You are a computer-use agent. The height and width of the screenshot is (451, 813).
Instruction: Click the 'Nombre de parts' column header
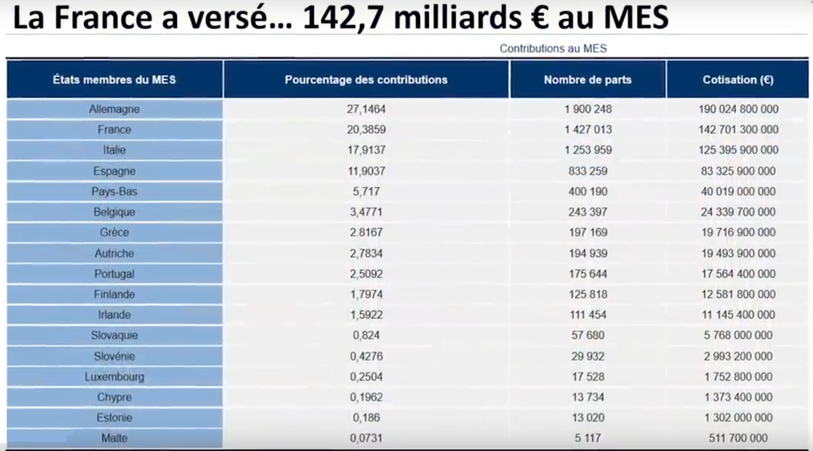pos(587,80)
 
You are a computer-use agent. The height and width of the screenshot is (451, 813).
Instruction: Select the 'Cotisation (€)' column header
pos(738,80)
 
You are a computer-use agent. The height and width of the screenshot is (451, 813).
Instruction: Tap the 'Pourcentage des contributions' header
pos(366,80)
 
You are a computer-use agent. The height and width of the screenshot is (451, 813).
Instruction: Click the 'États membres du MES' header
pos(114,80)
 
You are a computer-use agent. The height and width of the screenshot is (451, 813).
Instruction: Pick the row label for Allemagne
pos(114,109)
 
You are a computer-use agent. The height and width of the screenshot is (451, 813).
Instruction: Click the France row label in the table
pos(114,129)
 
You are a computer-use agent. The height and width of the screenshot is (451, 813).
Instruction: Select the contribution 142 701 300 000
pos(738,129)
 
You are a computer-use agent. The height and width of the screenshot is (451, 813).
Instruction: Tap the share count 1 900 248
pos(588,109)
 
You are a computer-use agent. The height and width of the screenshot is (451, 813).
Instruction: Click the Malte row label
pos(114,438)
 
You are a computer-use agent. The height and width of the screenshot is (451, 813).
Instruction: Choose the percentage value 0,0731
pos(367,438)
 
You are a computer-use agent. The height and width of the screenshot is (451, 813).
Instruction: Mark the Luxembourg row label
pos(114,376)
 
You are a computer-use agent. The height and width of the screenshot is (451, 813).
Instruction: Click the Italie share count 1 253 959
pos(588,150)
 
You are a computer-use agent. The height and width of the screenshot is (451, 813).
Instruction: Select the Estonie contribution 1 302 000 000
pos(738,417)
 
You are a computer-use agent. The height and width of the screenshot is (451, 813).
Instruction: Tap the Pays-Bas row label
pos(114,191)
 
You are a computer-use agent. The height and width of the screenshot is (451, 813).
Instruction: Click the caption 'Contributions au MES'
pos(553,48)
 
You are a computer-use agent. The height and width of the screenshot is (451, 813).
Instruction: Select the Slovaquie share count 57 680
pos(588,335)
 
